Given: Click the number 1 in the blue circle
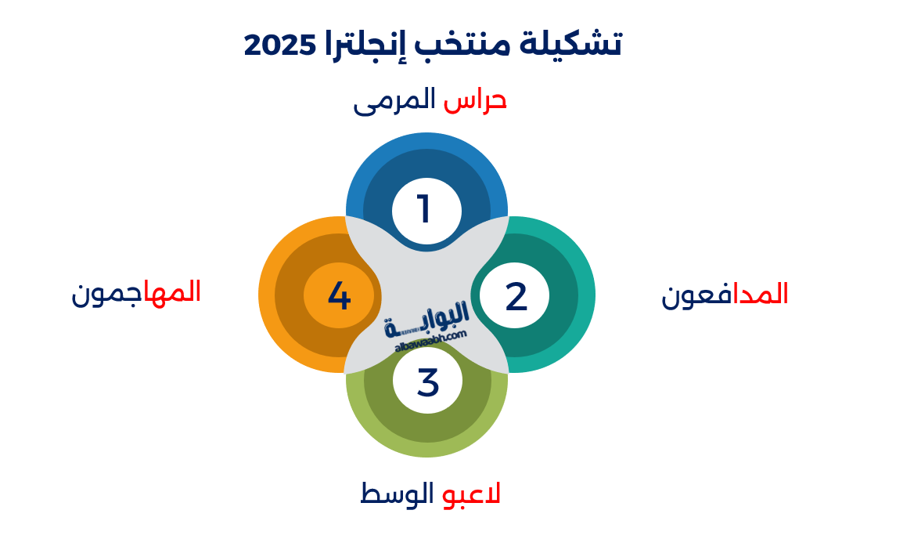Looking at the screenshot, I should pos(425,210).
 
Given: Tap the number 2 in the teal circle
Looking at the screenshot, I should pos(516,297).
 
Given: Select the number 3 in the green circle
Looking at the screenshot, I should pos(427,382).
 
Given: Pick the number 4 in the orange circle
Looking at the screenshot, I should pos(339,296).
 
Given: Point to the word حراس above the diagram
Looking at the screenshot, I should pos(475,100).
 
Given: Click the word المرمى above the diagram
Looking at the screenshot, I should pos(394,101).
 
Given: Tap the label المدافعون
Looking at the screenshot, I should pos(725,295).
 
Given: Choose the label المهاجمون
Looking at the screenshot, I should pos(136,292).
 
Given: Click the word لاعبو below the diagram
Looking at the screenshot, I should pos(471,494).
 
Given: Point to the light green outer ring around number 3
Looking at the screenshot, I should pos(426,448).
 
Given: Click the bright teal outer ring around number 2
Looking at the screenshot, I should pos(586,295).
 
